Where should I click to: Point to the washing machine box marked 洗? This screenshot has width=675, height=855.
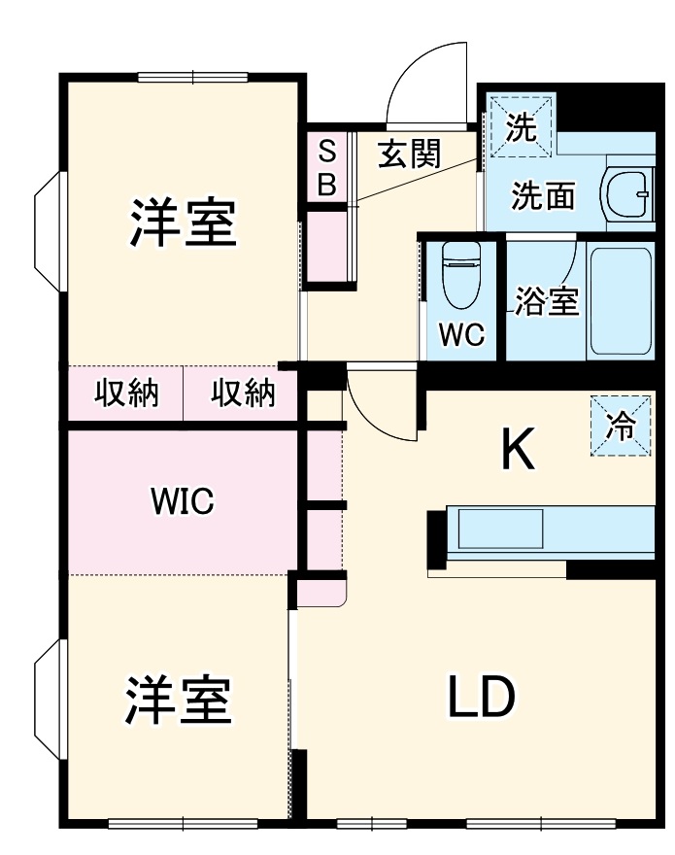pos(520,127)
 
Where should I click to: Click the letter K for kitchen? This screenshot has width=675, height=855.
pos(518,451)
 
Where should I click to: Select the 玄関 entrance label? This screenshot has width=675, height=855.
pos(409,154)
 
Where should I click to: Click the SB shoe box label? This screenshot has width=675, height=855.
pos(327,167)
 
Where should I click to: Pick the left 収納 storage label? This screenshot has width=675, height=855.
pos(125,393)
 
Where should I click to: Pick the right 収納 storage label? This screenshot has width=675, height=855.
pos(243,393)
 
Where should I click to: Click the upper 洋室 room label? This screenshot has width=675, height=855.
pos(184,222)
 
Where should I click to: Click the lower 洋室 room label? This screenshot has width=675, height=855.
pos(177,701)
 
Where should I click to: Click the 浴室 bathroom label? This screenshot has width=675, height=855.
pos(547,302)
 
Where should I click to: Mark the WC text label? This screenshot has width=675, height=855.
pos(460,335)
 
